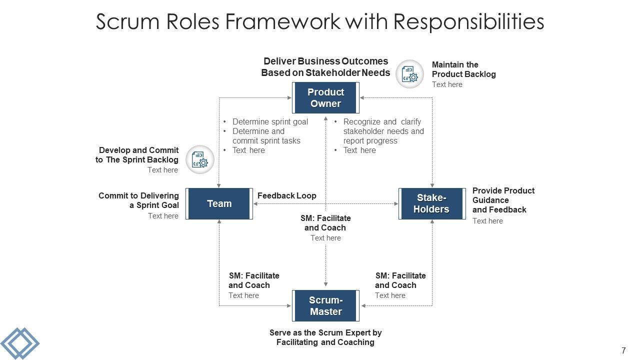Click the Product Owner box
325,98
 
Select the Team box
219,203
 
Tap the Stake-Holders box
431,203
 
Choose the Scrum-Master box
325,306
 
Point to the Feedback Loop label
286,196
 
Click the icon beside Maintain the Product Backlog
410,74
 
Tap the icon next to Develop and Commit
200,159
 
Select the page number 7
623,350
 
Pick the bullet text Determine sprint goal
270,121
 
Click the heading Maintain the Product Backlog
463,69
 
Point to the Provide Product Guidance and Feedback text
503,200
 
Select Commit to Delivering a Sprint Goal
138,200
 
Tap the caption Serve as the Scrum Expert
325,337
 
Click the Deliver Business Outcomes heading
325,67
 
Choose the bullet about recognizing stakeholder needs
383,131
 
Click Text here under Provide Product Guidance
487,221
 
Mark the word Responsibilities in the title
468,22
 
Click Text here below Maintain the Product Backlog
447,84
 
